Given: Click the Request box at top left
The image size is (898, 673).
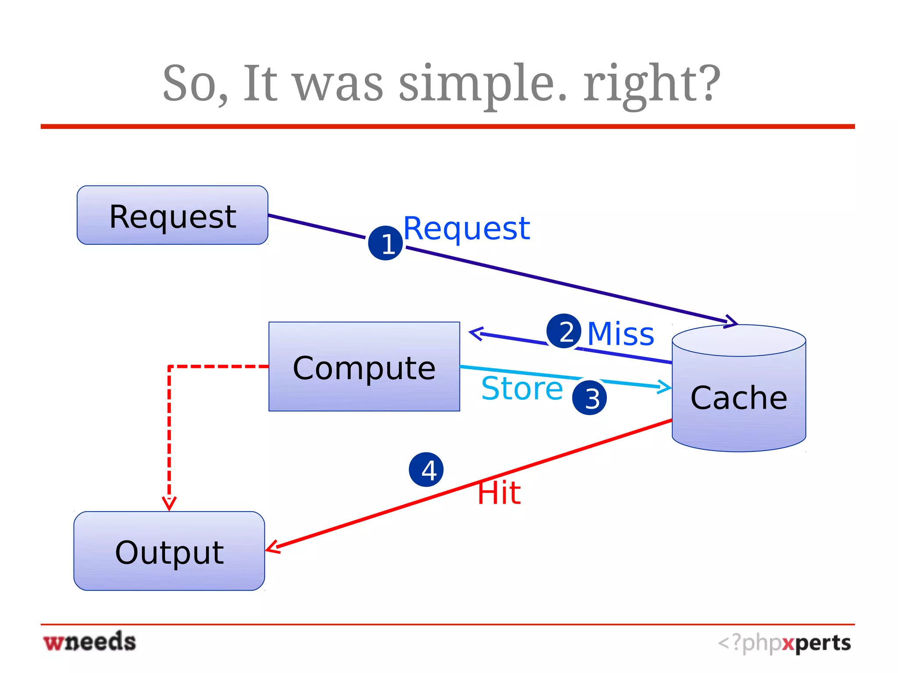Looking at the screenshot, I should click(x=172, y=215).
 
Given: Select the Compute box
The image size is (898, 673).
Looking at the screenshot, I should click(x=364, y=367).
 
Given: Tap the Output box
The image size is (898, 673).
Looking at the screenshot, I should click(x=169, y=551).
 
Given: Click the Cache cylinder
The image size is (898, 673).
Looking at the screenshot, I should click(x=739, y=390).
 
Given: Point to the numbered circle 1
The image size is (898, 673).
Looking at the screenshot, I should click(x=385, y=243).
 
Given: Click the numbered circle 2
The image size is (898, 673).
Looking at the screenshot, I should click(x=564, y=331).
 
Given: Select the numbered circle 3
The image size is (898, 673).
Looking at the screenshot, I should click(x=589, y=398).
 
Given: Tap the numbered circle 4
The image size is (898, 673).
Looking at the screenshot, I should click(x=426, y=470).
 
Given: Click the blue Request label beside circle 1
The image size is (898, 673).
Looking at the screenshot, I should click(x=467, y=228).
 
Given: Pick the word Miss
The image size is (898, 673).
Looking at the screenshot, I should click(x=620, y=334).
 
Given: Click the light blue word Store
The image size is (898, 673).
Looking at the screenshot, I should click(x=522, y=388).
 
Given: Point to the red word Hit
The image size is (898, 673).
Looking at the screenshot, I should click(x=499, y=493).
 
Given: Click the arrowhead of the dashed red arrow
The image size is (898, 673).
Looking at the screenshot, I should click(x=169, y=503).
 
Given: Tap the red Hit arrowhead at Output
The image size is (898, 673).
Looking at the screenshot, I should click(x=272, y=547).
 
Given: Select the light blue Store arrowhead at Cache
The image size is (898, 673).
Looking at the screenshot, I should click(x=665, y=387).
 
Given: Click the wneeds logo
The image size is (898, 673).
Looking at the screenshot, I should click(x=90, y=642).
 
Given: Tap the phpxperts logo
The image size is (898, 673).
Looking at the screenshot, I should click(x=784, y=643).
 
